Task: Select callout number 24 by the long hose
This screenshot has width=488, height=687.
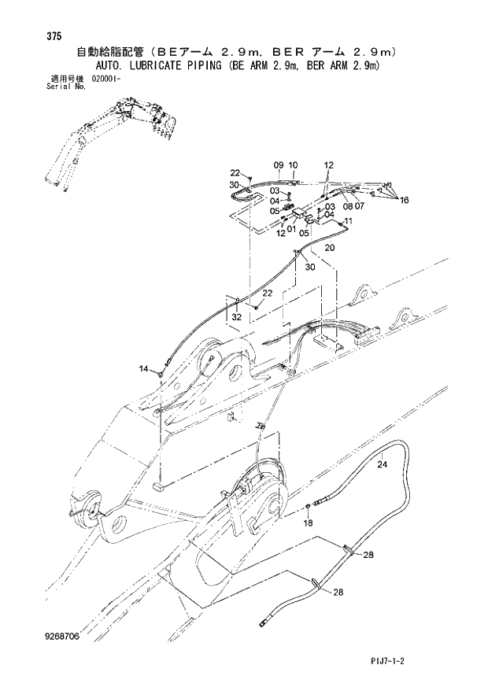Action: point(383,464)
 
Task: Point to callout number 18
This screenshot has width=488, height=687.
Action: point(309,523)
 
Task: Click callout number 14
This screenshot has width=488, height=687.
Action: point(143,368)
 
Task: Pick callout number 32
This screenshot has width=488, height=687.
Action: point(236,317)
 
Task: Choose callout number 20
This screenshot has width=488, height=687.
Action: point(329,248)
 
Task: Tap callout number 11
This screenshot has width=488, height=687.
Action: point(347,223)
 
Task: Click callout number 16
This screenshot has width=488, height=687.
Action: point(404,201)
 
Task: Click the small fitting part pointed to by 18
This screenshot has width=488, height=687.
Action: point(309,506)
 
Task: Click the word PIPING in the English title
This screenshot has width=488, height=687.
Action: point(195,66)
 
